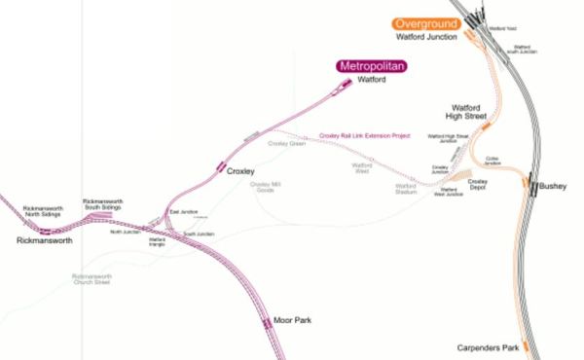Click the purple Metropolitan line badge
point(371,66)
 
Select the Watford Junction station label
point(427,37)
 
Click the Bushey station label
point(552,184)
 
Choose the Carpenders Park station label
point(489,346)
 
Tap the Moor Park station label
point(293,320)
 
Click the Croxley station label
point(240,171)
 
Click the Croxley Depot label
point(477,185)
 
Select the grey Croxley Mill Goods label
point(265,187)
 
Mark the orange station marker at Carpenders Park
point(525,343)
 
